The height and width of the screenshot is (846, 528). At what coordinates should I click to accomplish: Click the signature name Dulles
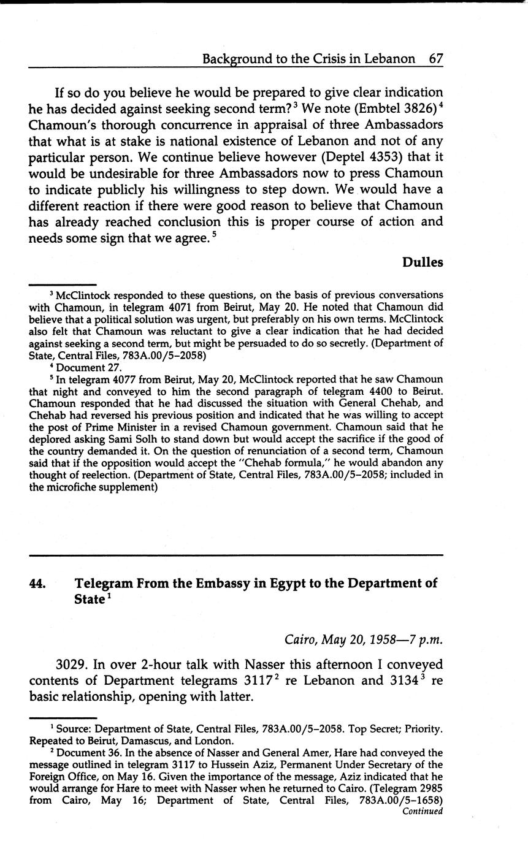(x=423, y=262)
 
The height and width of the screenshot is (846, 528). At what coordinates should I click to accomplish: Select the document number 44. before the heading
(x=38, y=584)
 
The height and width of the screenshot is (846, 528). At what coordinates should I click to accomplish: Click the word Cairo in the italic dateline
(x=302, y=639)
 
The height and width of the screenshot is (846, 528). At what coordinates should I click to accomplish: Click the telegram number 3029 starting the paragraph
(x=72, y=665)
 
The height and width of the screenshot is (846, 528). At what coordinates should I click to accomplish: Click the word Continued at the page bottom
(x=422, y=811)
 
